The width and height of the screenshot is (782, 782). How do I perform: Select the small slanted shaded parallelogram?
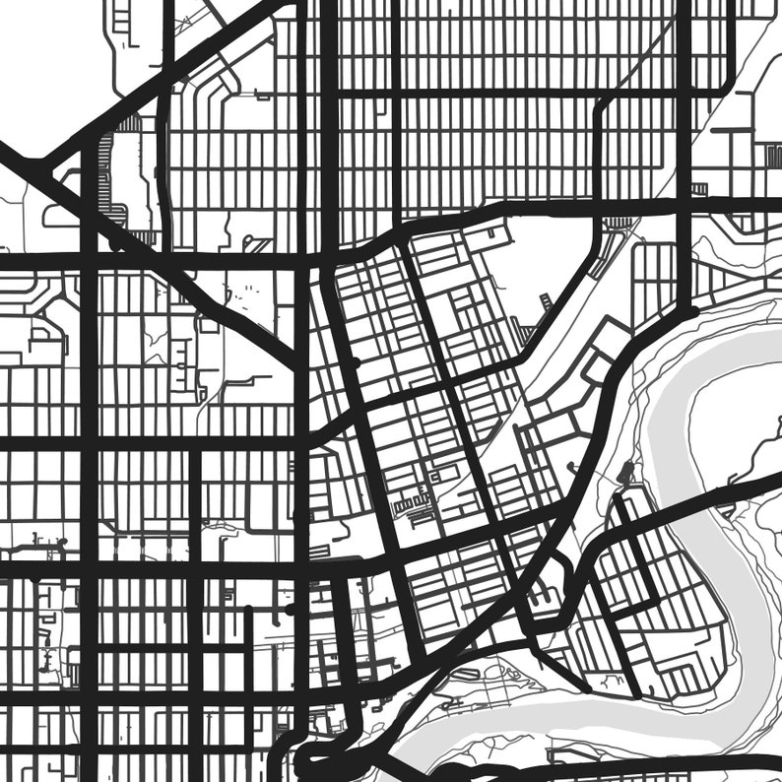click(527, 335)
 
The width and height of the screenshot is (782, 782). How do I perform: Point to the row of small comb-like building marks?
click(414, 506)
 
